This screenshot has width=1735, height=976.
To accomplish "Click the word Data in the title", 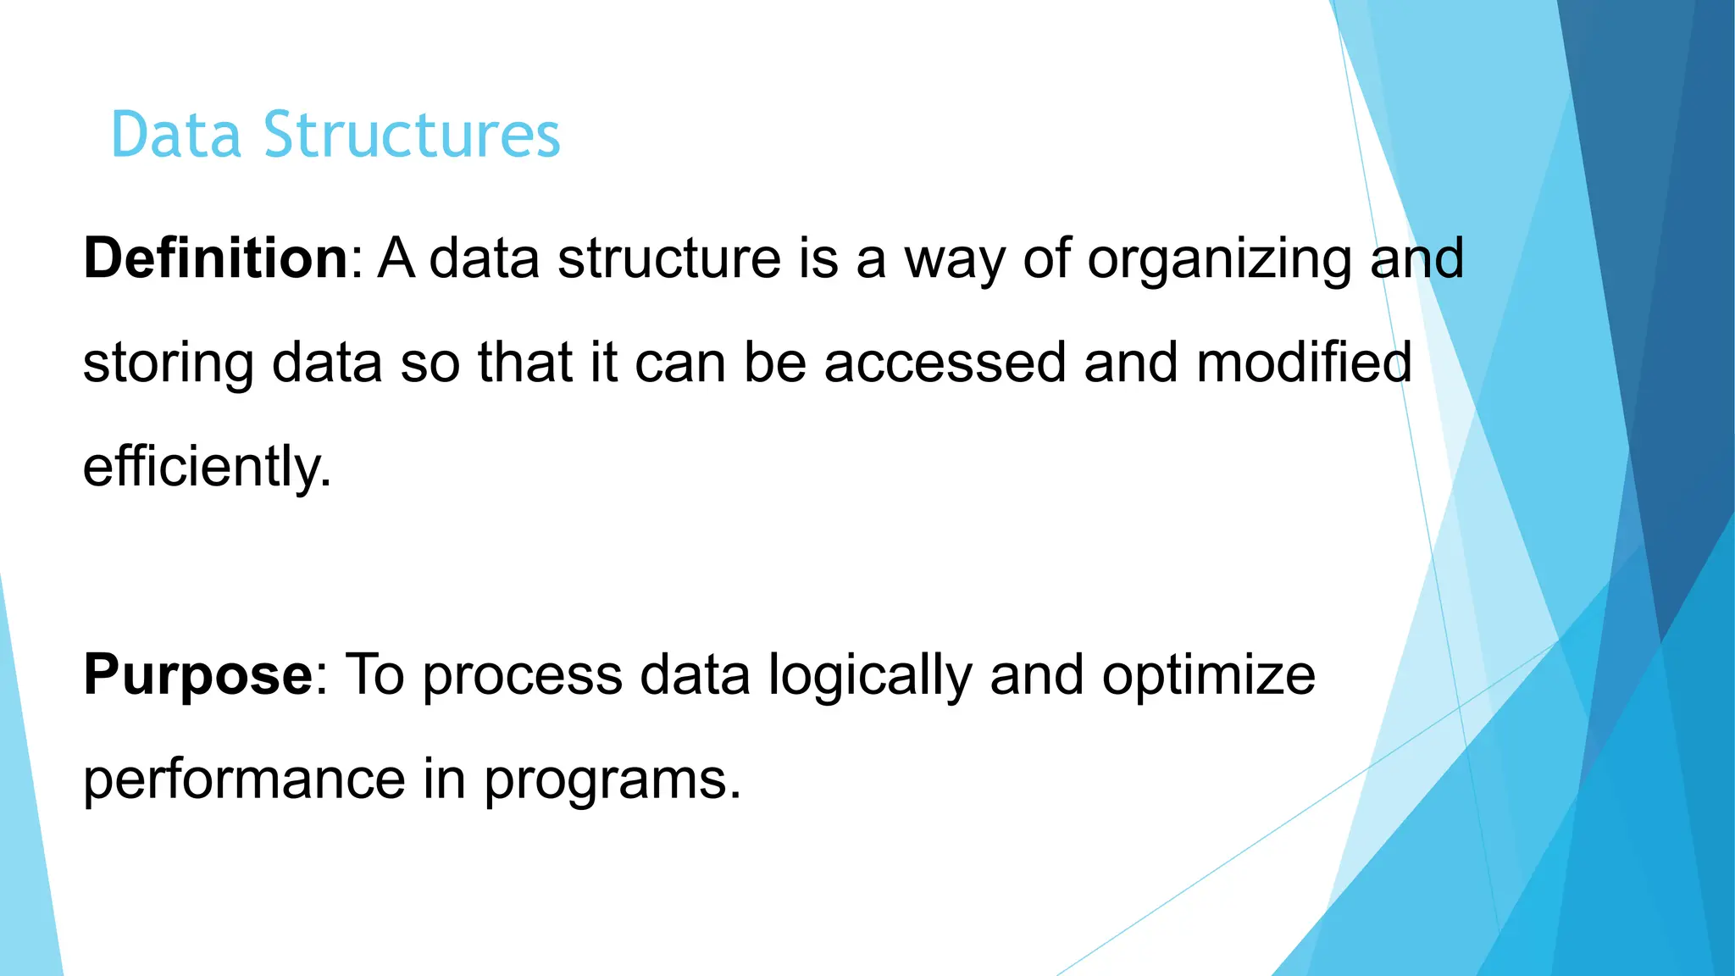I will tap(175, 136).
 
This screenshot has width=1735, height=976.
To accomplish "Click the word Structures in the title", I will tap(412, 136).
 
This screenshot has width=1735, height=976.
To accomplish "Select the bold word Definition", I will tap(215, 258).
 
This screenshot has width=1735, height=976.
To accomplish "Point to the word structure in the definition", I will tap(668, 258).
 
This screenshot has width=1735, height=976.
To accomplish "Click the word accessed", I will tap(945, 363).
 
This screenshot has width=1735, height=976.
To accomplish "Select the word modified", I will tap(1304, 363).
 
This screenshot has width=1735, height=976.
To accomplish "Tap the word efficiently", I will tap(206, 468).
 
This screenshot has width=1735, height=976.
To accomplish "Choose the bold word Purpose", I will tap(198, 676).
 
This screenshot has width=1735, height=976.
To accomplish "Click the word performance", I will tap(245, 780).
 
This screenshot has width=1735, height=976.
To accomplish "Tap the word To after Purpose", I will tap(374, 675).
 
